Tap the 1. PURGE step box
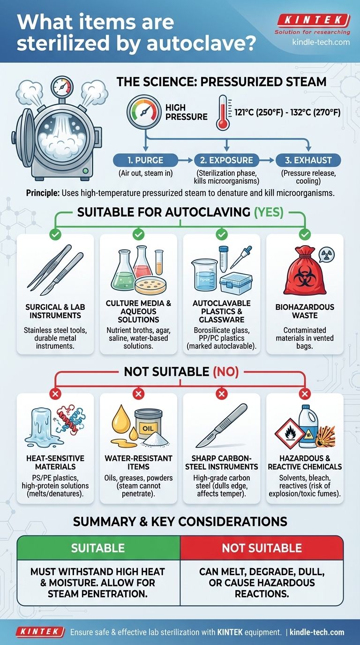tap(145, 160)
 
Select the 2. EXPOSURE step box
tap(227, 160)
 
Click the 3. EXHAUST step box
tap(308, 160)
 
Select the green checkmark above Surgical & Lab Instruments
tap(55, 233)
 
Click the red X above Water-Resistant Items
tap(138, 394)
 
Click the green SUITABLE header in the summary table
tap(98, 547)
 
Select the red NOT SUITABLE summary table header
tap(262, 547)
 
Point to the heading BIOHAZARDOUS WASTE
tap(305, 311)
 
